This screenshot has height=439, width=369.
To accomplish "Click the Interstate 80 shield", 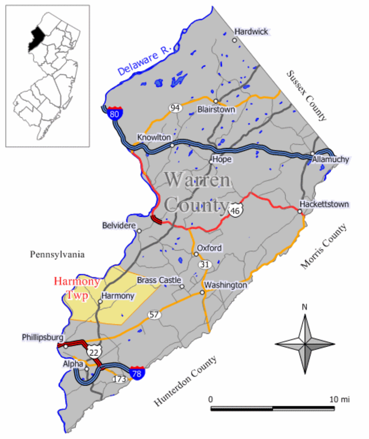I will tap(114, 114).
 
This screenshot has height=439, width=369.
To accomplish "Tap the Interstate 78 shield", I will tap(137, 372).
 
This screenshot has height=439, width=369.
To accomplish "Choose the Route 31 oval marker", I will tap(203, 264).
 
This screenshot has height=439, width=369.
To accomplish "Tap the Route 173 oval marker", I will tap(119, 379).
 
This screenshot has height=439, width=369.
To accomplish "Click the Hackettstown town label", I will tap(324, 204).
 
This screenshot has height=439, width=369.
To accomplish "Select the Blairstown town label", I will tap(216, 109).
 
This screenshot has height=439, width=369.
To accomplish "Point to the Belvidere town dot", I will tap(139, 231).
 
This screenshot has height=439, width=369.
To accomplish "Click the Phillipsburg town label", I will tap(43, 337).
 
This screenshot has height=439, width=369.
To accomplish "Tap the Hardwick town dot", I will tap(235, 40).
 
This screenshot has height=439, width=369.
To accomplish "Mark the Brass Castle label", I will tap(159, 280).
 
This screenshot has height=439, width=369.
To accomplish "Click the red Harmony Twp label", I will tap(77, 288).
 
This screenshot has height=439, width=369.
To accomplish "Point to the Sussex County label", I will tap(306, 96).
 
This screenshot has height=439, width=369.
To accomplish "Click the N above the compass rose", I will tap(304, 307).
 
